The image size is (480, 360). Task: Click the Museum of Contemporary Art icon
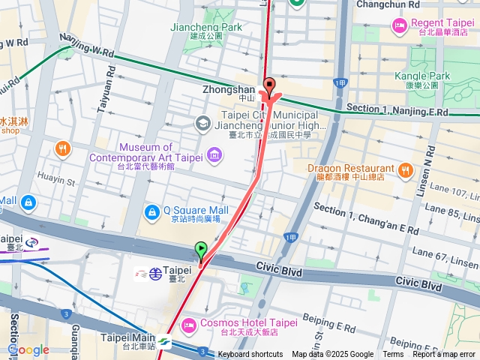[x=215, y=155]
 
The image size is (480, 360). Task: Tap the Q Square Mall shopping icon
[x=152, y=213]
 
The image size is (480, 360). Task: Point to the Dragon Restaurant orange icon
[x=406, y=171]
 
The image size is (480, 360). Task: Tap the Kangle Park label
[x=422, y=76]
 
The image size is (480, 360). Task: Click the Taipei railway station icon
[x=154, y=273]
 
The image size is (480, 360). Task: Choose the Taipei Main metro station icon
[x=164, y=343]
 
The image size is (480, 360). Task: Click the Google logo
[x=28, y=349]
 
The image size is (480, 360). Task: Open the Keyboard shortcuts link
[x=250, y=354]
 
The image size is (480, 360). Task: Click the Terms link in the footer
[x=393, y=354]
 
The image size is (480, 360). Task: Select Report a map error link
[x=444, y=354]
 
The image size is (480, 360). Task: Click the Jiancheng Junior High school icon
[x=202, y=122]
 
